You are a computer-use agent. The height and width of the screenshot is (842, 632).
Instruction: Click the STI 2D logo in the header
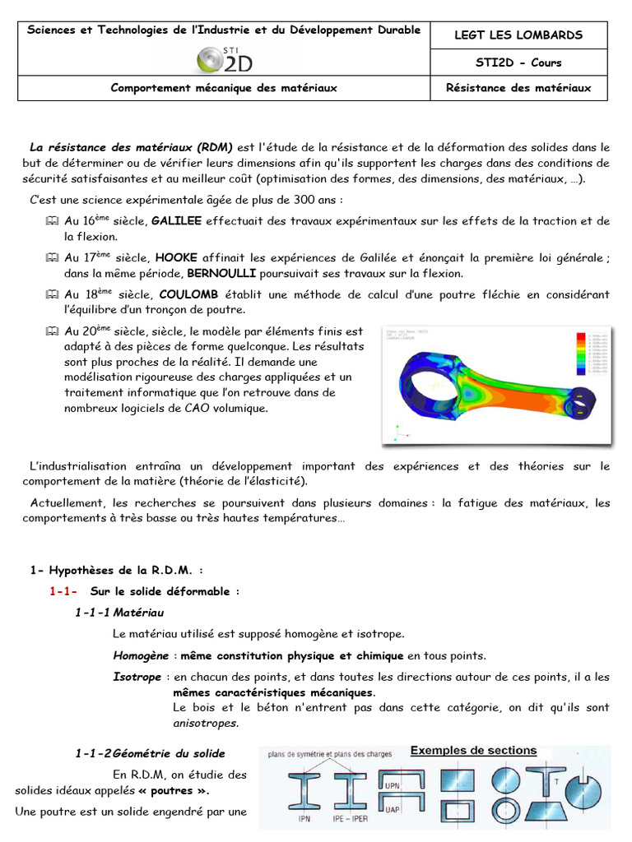pos(223,58)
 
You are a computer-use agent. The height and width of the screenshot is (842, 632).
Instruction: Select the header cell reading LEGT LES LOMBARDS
pos(518,35)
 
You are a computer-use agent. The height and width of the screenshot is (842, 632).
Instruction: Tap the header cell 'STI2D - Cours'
pos(518,62)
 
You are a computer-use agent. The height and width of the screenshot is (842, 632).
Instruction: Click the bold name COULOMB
pos(189,294)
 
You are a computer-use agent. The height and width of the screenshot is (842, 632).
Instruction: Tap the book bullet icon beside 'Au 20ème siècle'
pos(53,332)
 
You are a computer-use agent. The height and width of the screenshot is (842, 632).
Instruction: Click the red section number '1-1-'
pos(63,591)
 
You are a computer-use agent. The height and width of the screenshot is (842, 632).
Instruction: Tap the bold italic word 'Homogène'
pos(137,655)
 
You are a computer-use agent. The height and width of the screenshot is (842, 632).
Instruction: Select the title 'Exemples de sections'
pos(473,751)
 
